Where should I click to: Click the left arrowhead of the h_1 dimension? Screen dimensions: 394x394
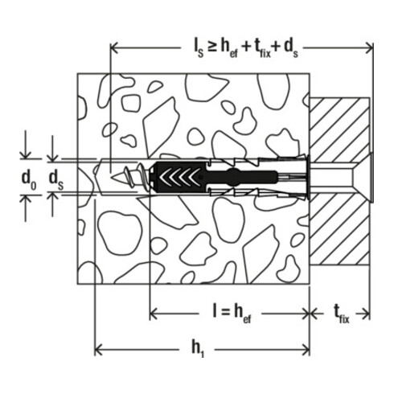(x=100, y=350)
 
